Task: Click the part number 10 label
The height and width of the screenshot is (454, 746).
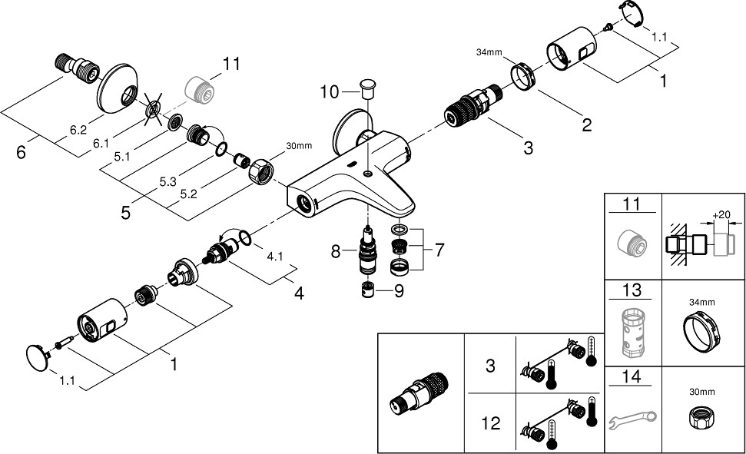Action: pos(329,92)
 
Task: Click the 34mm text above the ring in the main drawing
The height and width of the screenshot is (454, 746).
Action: pos(489,52)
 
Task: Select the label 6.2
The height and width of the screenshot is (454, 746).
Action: pos(78,131)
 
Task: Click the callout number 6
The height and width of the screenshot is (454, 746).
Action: pos(22,152)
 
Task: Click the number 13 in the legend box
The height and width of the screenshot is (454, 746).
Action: pos(632,292)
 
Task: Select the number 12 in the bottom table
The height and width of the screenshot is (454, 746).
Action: pos(491,423)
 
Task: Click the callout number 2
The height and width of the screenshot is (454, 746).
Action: pos(586,125)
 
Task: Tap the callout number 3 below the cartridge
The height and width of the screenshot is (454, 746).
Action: pos(528,147)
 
